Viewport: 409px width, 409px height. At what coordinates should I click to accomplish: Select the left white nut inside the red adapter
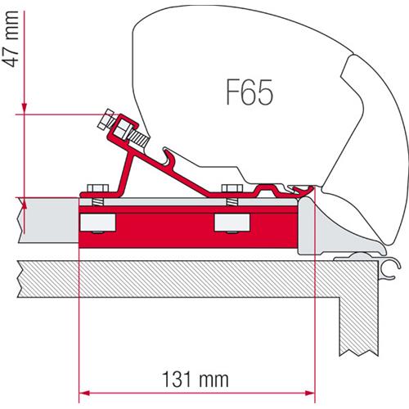tap(97, 222)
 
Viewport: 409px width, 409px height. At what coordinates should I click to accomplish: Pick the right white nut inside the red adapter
tap(230, 222)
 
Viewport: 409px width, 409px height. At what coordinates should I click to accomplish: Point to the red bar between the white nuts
tap(164, 222)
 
